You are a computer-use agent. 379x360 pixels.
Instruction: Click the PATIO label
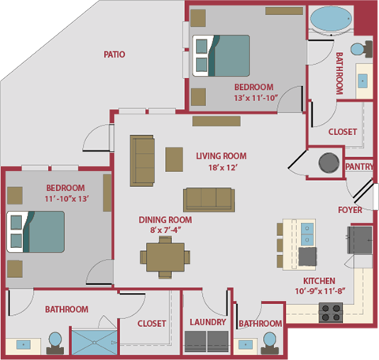(x=115, y=54)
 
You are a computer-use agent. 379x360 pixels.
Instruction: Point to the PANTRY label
(x=359, y=167)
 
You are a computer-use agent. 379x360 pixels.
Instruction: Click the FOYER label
(x=350, y=210)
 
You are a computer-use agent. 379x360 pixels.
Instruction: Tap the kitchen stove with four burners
(x=330, y=312)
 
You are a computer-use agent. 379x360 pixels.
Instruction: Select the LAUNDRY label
(x=208, y=322)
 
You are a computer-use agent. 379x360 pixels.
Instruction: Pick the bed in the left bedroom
(x=35, y=231)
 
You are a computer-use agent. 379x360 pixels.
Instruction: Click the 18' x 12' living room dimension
(x=217, y=167)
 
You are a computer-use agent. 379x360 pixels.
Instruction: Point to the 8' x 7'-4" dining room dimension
(x=165, y=231)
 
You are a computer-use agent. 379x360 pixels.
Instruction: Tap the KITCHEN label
(x=319, y=281)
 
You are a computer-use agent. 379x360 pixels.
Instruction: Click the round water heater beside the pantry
(x=328, y=163)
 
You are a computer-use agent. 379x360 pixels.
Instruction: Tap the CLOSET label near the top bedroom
(x=342, y=132)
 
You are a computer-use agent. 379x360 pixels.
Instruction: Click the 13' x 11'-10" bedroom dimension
(x=253, y=98)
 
